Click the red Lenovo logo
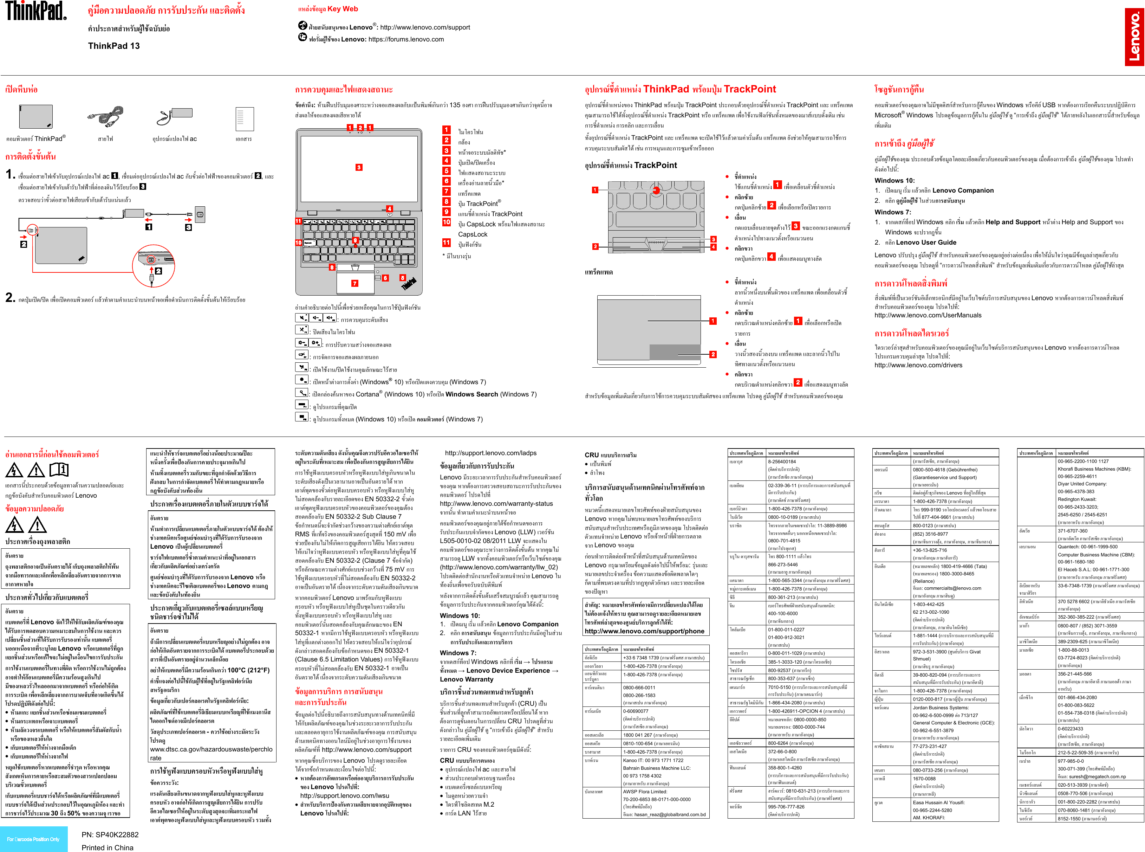tap(1134, 37)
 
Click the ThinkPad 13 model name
tap(114, 46)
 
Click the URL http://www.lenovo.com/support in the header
tap(425, 27)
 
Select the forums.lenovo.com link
tap(406, 39)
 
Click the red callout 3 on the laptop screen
tap(359, 167)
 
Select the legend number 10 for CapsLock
tap(447, 222)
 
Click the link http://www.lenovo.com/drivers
tap(918, 365)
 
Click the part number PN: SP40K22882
tap(110, 834)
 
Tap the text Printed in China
tap(107, 847)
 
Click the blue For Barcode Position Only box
tap(33, 839)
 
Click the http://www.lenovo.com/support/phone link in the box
tap(644, 631)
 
